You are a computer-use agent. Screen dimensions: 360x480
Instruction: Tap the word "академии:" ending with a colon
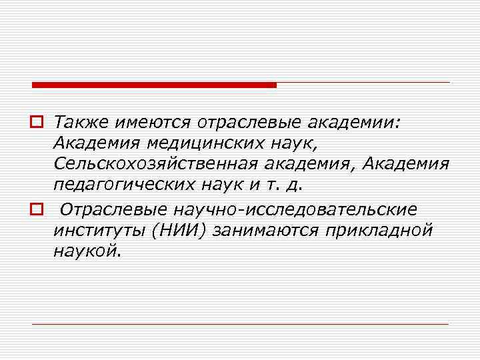(x=364, y=123)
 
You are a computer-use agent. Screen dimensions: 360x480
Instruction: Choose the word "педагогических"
(x=123, y=183)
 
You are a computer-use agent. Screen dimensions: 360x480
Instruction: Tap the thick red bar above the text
(x=154, y=85)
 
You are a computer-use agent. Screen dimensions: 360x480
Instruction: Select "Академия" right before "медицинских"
(x=97, y=143)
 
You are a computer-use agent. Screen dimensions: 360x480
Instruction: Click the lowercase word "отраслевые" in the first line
(x=249, y=123)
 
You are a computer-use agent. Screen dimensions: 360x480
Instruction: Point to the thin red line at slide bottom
(x=240, y=324)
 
